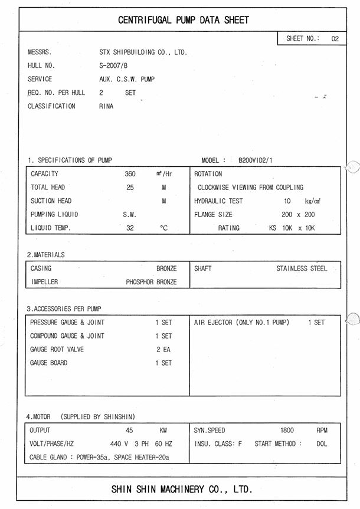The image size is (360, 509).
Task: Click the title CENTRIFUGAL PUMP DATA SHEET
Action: point(183,20)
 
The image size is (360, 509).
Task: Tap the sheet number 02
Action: point(335,38)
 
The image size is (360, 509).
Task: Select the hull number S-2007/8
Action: point(113,65)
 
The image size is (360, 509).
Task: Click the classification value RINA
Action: point(106,106)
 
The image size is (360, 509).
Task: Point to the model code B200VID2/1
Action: point(256,160)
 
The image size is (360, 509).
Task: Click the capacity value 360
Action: point(130,174)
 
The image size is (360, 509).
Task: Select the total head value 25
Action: point(130,188)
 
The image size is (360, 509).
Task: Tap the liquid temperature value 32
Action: point(130,228)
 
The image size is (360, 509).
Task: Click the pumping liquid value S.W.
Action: point(129,215)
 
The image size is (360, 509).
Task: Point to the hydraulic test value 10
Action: point(287,201)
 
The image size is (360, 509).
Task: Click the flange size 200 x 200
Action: point(298,215)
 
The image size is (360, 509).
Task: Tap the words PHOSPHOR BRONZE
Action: point(151,282)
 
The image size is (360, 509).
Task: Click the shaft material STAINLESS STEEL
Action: point(301,268)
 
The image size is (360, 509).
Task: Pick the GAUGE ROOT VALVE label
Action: point(57,349)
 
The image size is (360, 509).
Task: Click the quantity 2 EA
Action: point(163,349)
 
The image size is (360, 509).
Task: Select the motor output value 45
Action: point(130,431)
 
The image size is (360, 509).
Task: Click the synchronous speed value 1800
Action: point(287,431)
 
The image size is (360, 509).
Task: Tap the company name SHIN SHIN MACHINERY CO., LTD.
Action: point(181,489)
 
